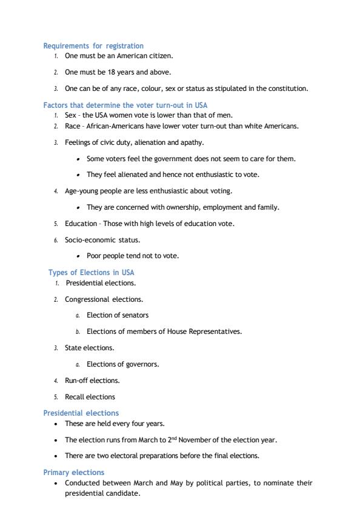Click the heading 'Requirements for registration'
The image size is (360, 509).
tap(93, 45)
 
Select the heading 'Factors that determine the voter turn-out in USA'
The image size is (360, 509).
tap(125, 105)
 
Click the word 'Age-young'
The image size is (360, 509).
tap(81, 191)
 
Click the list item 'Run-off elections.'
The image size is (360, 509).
tap(92, 381)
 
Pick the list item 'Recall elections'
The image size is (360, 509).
tap(90, 397)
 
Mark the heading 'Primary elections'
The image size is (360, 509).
tap(73, 472)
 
